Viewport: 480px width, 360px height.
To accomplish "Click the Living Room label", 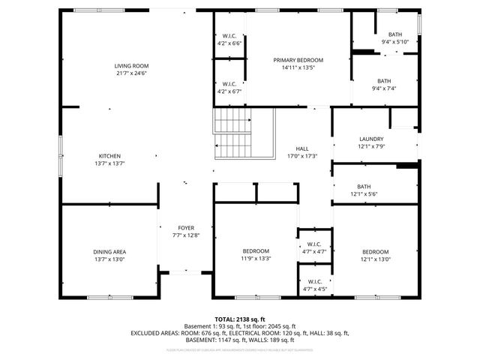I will point(131,66).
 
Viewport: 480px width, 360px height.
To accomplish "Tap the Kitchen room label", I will point(109,155).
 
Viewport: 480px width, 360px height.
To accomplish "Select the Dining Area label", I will point(109,251).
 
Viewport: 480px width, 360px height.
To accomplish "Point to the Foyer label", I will point(186,228).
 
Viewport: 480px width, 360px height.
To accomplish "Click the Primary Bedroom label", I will point(298,60).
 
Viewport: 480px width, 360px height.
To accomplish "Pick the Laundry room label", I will point(371,139).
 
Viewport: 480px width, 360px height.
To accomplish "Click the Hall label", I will point(302,148).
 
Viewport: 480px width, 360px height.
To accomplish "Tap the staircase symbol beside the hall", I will point(235,134).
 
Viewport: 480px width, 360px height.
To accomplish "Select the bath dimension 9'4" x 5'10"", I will point(394,42).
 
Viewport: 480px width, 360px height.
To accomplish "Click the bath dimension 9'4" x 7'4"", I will point(384,88).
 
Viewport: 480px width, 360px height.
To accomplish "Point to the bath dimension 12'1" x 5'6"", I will point(364,194).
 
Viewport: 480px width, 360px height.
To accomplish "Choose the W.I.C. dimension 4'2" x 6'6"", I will point(229,43).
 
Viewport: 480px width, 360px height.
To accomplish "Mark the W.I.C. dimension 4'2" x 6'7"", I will point(229,91).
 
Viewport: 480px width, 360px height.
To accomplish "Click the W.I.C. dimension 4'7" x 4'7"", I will point(314,251).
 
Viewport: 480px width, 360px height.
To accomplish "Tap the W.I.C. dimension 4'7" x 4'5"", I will point(314,289).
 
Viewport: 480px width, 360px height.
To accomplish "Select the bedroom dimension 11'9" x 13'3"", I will point(256,259).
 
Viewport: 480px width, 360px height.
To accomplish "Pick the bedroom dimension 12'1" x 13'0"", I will point(376,259).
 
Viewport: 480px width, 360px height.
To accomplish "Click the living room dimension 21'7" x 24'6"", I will point(131,73).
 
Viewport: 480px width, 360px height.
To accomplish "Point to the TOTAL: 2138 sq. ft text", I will point(239,319).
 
